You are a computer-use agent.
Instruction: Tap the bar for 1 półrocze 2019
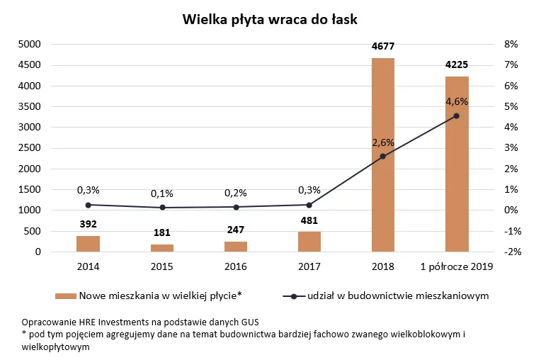(457, 164)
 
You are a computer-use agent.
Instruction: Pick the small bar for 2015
(162, 248)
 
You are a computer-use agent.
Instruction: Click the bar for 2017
(309, 242)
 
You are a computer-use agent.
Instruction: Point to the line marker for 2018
(382, 157)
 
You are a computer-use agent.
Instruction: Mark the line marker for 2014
(88, 205)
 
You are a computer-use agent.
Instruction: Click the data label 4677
(382, 47)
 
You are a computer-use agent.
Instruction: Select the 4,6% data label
(457, 101)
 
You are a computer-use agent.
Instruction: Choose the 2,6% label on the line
(382, 142)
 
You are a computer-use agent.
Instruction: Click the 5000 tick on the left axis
(29, 44)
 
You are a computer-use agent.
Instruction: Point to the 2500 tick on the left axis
(29, 148)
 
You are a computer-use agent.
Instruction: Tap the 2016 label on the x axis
(235, 266)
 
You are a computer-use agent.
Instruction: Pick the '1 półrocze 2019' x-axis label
(457, 266)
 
